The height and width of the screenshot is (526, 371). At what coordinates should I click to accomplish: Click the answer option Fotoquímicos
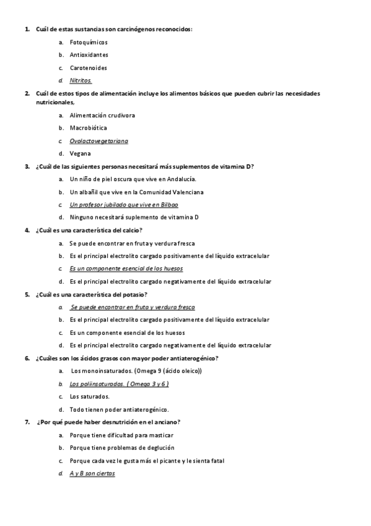point(89,42)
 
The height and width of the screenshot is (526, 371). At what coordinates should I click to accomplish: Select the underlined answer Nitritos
point(81,81)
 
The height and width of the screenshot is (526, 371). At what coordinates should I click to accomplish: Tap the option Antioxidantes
point(89,55)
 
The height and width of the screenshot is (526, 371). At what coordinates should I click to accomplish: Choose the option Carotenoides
point(89,68)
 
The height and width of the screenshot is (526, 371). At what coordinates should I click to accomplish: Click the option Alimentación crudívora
point(102,115)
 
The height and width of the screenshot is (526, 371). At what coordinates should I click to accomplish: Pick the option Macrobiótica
point(89,128)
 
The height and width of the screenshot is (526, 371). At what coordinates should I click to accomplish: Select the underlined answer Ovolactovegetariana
point(99,141)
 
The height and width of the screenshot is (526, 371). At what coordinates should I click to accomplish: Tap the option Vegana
point(81,153)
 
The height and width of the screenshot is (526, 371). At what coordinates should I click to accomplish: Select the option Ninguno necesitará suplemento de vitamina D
point(134,217)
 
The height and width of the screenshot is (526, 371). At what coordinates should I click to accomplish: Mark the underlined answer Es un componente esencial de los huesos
point(126,269)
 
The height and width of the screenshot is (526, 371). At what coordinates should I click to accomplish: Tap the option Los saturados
point(90,396)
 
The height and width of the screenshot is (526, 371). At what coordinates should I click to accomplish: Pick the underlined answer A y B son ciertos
point(92,473)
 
